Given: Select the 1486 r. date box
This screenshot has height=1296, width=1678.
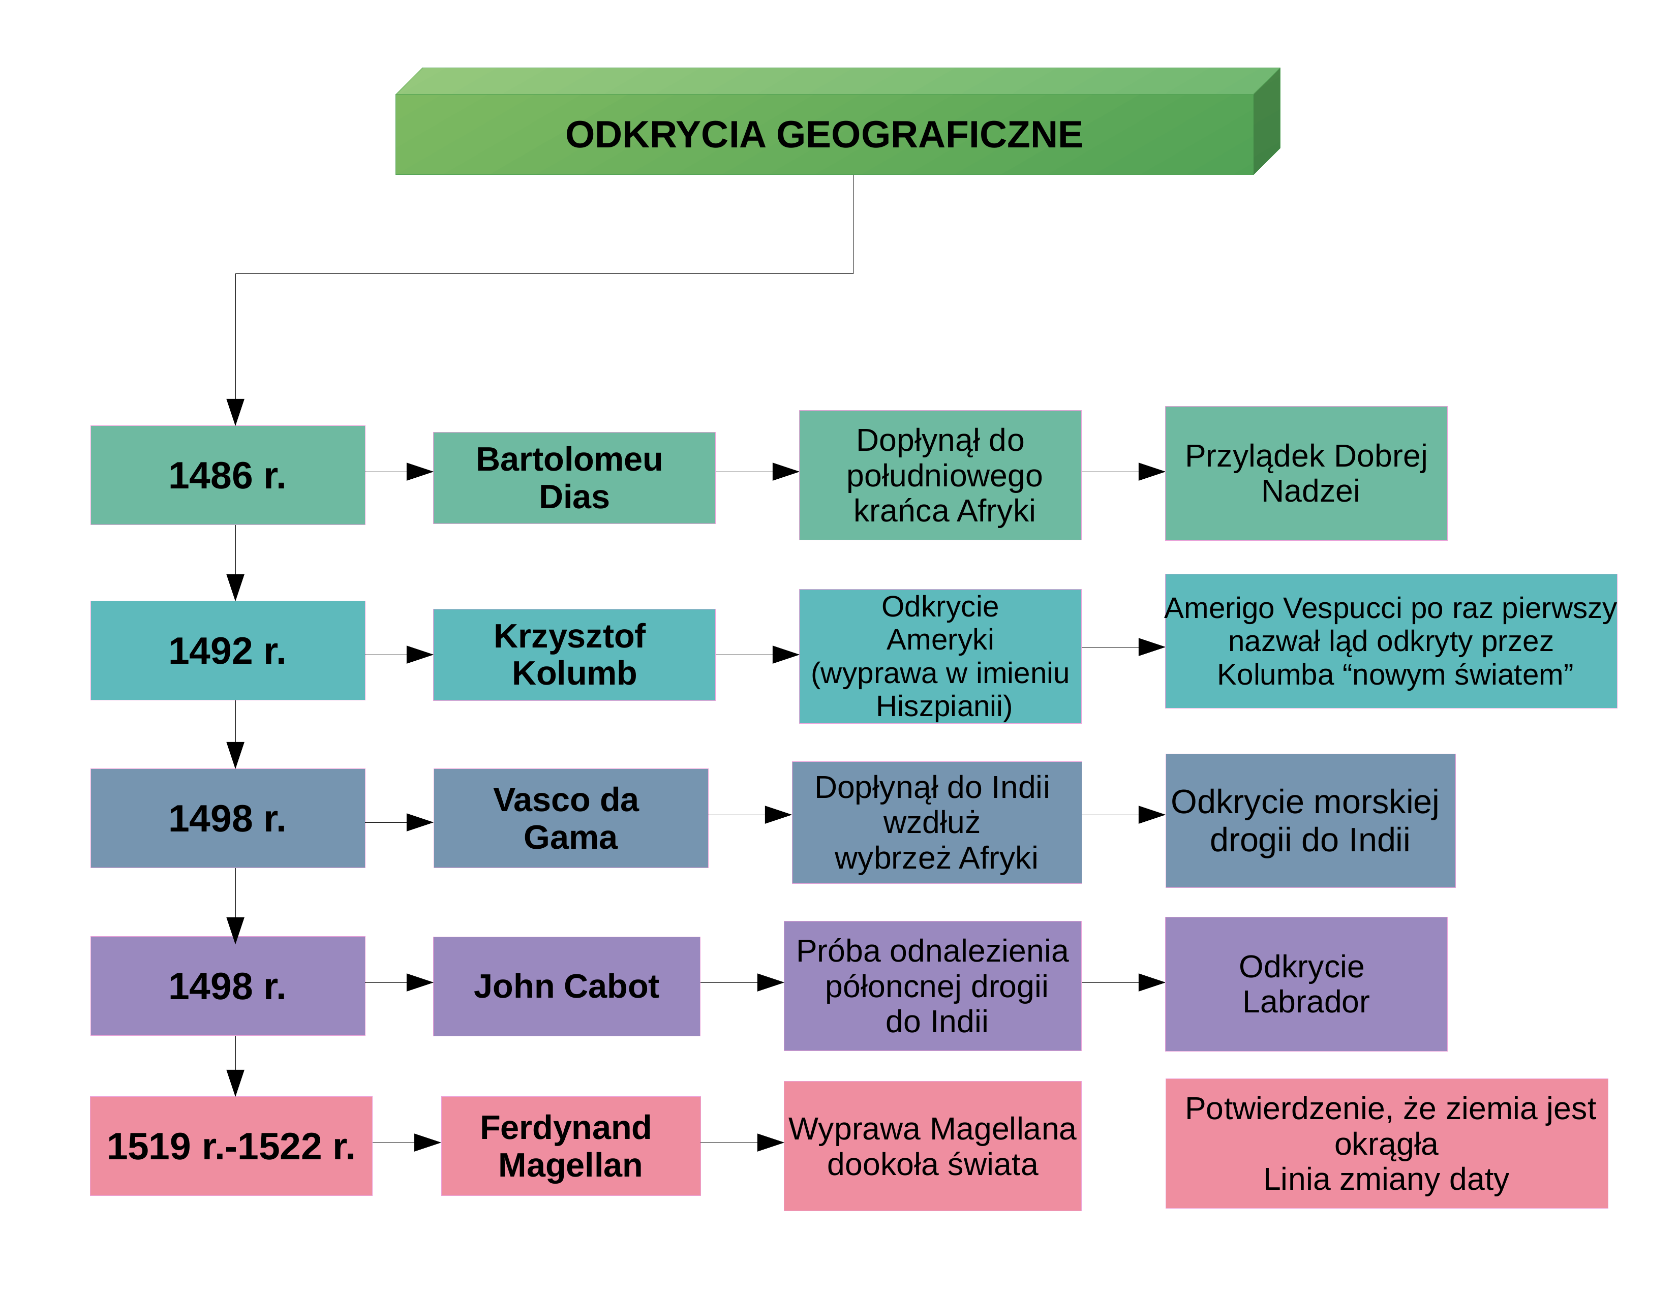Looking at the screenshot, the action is pos(227,475).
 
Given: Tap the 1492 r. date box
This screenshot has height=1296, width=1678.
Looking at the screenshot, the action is pos(227,650).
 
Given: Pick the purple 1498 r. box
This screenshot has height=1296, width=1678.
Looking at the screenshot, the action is pos(227,985).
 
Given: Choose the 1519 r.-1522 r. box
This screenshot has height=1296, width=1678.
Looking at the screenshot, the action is pos(231,1146).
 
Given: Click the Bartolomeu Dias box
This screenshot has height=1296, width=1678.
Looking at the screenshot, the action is pos(574,478).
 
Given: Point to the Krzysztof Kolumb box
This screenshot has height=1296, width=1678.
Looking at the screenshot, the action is pos(574,655).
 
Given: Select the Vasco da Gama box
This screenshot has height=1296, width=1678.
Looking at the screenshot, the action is pos(571,818).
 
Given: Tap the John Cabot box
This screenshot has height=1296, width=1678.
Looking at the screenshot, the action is pos(566,986).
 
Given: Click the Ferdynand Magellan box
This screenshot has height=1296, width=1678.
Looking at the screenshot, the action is pos(571,1146).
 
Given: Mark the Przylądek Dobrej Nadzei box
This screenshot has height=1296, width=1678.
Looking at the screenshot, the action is pos(1306,473).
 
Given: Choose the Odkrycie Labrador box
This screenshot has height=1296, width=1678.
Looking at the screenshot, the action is pos(1306,984).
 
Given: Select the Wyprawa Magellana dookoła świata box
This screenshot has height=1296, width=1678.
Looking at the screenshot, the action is pos(933,1146).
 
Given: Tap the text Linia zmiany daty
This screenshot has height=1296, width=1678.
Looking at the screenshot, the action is pos(1386,1179).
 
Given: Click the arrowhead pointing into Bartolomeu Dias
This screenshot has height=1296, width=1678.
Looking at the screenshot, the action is pos(419,472).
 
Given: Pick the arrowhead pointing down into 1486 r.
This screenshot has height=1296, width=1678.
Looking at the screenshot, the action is pos(236,412).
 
